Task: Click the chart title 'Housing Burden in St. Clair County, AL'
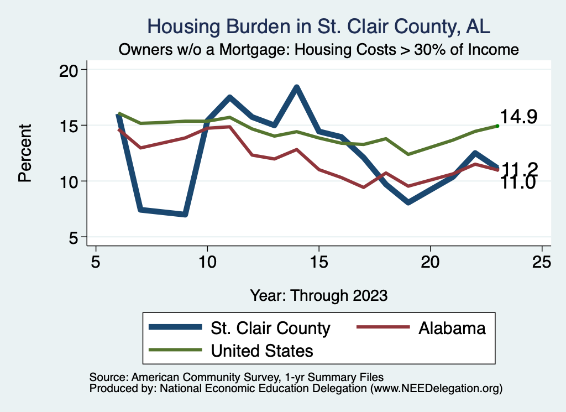(319, 27)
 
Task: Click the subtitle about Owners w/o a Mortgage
(319, 50)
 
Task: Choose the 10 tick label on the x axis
(207, 262)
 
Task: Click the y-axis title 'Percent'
(24, 153)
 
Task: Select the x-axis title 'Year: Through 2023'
(319, 295)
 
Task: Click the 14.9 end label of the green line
(518, 117)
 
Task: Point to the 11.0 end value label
(518, 183)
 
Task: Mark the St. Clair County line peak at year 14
(297, 87)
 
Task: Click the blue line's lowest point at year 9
(185, 214)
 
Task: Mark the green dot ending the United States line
(497, 126)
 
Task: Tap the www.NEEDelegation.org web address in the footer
(436, 388)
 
